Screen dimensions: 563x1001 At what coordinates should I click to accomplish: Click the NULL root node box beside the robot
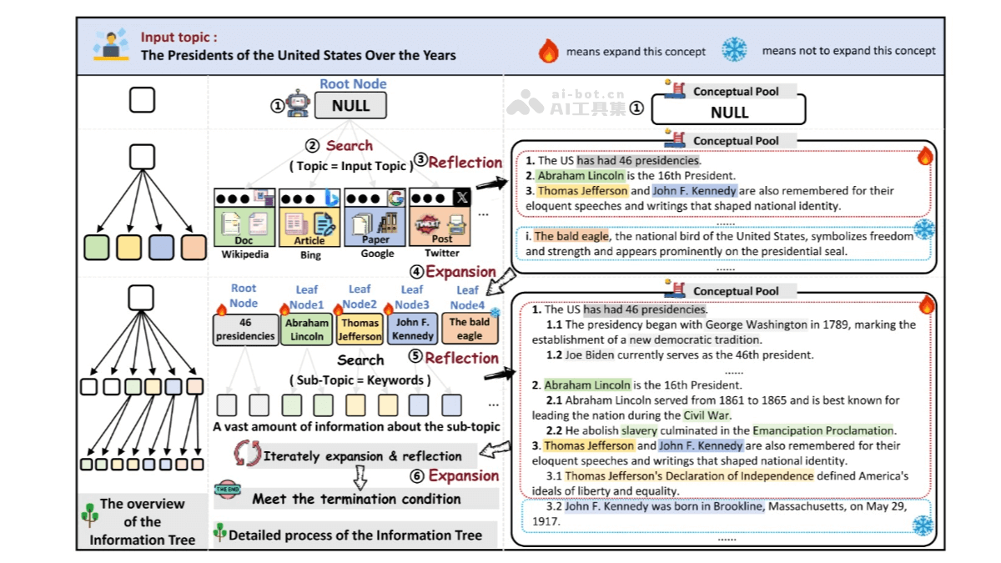350,106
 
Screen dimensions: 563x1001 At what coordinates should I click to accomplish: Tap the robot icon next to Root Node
298,105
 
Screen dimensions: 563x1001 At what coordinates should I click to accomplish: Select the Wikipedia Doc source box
244,218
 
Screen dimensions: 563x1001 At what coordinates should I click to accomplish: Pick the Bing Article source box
309,218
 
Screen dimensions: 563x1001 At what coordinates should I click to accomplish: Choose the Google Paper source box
375,218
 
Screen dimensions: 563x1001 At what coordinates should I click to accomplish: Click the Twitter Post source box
441,218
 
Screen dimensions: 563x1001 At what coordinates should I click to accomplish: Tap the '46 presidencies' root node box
245,329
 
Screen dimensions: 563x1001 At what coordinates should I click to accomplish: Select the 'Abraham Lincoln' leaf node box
306,329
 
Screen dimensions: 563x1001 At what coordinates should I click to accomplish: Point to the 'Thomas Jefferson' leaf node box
360,329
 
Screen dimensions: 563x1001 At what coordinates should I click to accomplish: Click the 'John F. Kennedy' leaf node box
413,329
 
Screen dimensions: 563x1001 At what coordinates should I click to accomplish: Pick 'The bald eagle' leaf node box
470,329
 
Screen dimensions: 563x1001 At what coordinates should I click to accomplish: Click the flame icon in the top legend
548,51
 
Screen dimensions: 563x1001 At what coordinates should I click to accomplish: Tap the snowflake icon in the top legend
734,50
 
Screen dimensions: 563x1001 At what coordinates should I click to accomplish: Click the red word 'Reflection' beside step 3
465,163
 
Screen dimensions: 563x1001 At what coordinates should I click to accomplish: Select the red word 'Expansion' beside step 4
460,272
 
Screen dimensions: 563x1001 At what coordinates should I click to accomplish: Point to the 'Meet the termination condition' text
356,499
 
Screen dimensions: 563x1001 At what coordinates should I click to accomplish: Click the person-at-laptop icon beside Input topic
110,45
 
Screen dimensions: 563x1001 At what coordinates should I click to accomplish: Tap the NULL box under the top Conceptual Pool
728,111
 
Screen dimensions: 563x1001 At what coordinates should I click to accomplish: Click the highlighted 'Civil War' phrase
706,415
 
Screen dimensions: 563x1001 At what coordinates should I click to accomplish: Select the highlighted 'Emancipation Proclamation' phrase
823,430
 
